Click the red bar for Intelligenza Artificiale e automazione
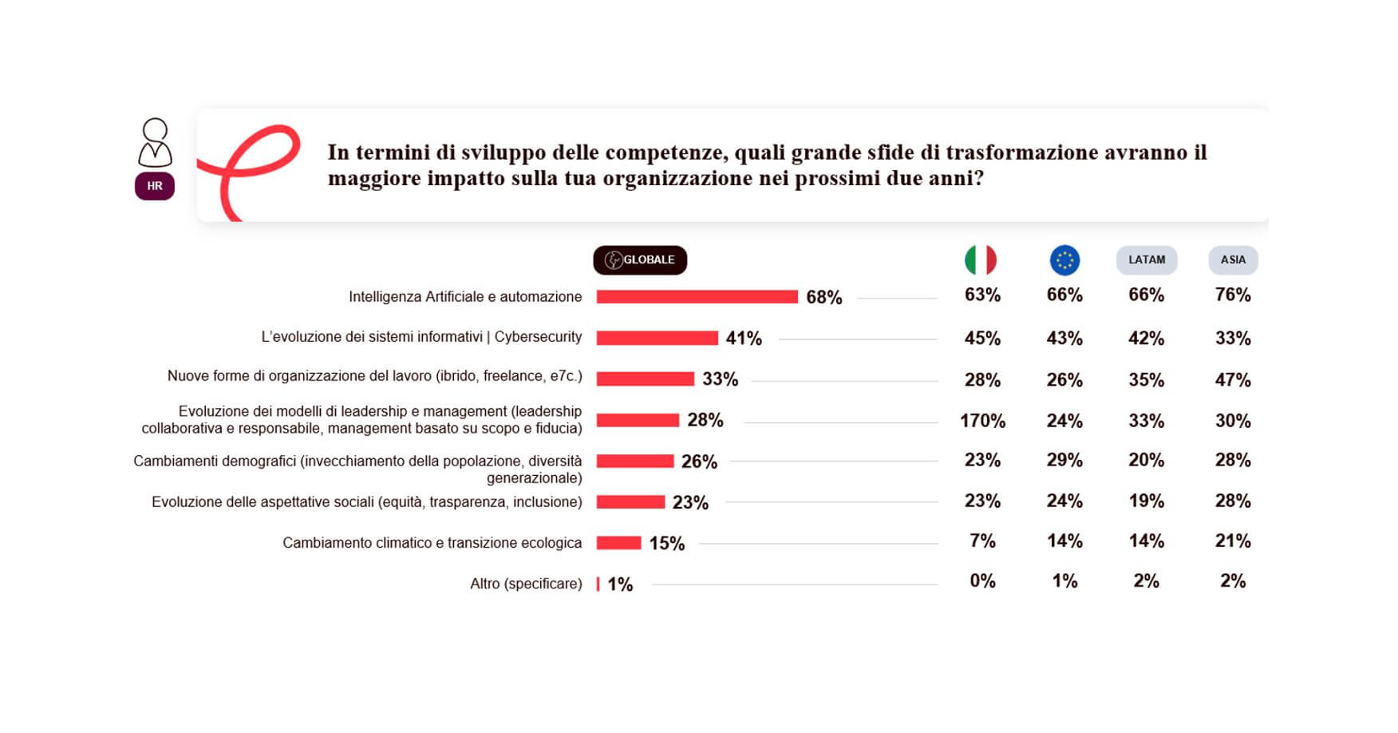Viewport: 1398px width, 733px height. coord(697,297)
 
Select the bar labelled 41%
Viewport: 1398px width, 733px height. coord(657,339)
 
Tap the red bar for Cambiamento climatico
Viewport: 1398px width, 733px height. coord(618,543)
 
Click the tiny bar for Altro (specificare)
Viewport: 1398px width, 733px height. coord(598,584)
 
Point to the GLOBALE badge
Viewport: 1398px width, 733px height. coord(640,260)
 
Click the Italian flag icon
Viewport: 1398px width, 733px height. coord(981,260)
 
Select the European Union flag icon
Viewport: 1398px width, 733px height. coord(1064,260)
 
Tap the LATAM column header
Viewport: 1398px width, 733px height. coord(1147,260)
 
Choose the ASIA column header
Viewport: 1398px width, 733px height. coord(1233,260)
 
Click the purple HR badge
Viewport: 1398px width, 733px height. coord(155,186)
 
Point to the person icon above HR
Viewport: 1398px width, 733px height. coord(155,142)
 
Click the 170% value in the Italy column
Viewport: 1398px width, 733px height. coord(982,421)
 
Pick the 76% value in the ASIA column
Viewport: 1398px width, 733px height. coord(1233,295)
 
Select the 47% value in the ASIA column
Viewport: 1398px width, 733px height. coord(1233,380)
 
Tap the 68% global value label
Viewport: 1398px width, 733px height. coord(824,298)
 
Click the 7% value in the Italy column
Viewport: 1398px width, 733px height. coord(982,541)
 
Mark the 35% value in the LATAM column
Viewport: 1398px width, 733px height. coord(1147,380)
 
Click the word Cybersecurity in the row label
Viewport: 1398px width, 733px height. coord(538,337)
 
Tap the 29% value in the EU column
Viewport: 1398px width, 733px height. coord(1064,461)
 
